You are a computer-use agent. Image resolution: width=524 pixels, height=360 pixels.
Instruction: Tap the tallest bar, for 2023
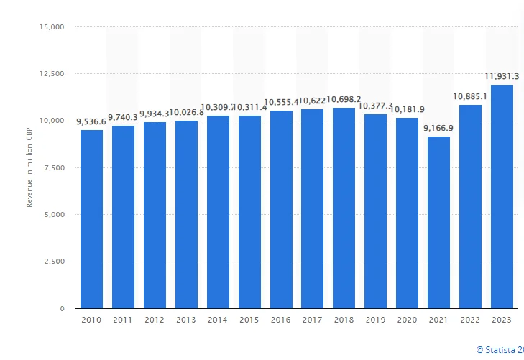(502, 197)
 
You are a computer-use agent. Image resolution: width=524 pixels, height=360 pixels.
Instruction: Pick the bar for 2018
(344, 208)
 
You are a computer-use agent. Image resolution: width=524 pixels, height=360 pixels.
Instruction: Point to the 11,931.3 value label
(502, 76)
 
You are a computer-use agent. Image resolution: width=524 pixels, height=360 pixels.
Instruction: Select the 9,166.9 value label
(439, 128)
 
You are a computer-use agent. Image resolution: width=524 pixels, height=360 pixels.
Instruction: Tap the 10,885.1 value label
(471, 96)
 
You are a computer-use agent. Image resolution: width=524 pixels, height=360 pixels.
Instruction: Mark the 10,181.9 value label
(408, 109)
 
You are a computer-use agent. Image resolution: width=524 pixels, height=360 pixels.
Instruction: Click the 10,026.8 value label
(187, 112)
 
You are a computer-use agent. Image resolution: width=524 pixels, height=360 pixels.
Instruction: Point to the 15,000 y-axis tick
(52, 27)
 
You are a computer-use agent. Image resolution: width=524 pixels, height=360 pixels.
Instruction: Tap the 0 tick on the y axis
(62, 309)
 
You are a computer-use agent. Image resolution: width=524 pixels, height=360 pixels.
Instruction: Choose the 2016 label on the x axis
(281, 319)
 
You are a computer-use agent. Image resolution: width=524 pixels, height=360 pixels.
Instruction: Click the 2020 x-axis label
(408, 319)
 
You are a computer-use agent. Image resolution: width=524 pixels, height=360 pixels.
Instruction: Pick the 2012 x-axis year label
(155, 319)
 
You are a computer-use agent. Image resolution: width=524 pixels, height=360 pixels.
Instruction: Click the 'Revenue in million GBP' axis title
(29, 167)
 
